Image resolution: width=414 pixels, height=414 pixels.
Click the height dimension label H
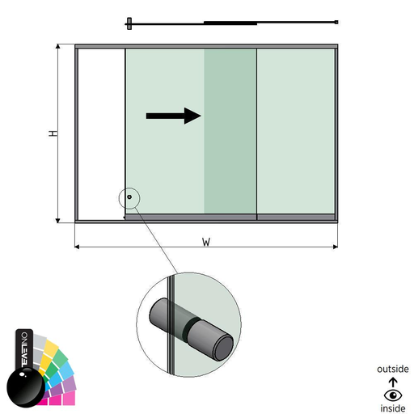53,133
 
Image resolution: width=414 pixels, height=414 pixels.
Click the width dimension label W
206,242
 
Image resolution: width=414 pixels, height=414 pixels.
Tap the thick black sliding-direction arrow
174,116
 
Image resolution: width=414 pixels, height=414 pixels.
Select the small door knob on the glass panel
129,197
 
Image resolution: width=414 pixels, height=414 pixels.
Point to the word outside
393,369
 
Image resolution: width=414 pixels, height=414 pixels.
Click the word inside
393,408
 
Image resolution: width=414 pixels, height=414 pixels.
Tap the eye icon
393,395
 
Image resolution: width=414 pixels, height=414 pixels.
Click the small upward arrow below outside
393,382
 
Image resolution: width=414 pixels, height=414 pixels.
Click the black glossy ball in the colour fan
25,387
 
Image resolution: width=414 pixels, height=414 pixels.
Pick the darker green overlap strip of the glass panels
230,131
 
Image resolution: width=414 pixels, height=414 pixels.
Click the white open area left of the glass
101,134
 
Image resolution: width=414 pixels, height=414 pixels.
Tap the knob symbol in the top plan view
129,23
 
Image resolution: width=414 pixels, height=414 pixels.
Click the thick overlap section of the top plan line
230,23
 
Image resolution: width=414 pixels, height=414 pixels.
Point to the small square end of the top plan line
336,22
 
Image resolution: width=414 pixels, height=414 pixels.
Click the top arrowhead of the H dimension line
57,46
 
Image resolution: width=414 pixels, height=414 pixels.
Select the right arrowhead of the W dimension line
336,247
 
